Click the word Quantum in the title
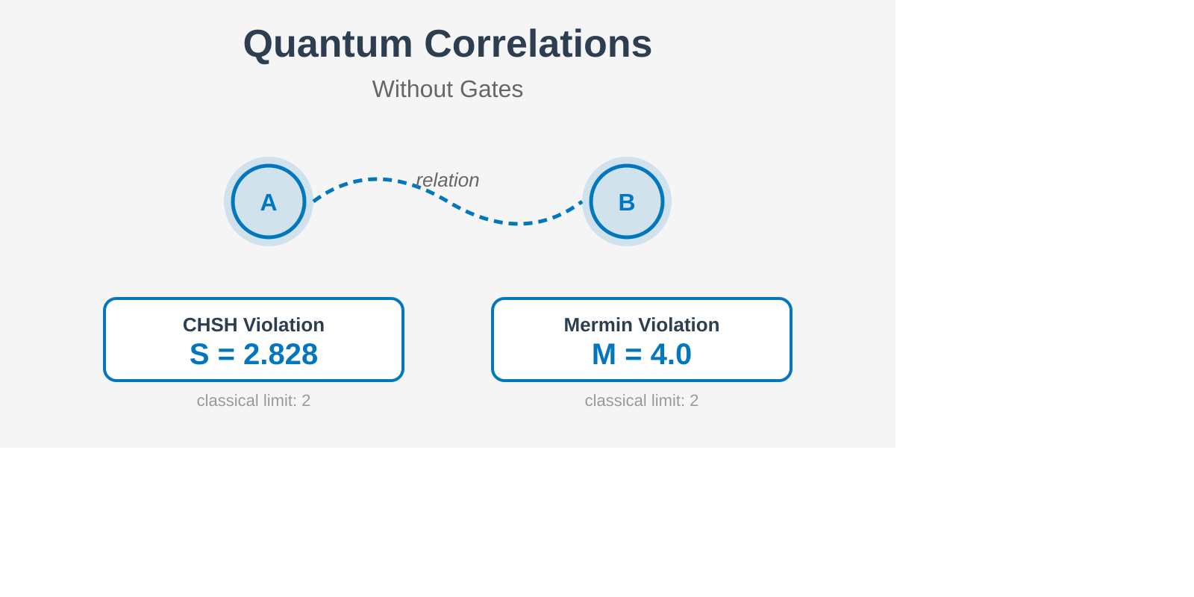(x=328, y=45)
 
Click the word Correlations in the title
(x=538, y=44)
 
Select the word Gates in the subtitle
(x=491, y=89)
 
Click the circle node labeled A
(x=269, y=201)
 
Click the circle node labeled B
(x=627, y=201)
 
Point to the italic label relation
(x=448, y=180)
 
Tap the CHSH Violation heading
(x=254, y=325)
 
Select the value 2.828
(x=281, y=354)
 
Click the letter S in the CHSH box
(x=199, y=354)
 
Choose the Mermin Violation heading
(x=642, y=325)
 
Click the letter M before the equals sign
(x=604, y=354)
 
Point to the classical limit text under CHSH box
(x=254, y=400)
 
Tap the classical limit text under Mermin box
(x=642, y=400)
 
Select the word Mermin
(x=600, y=325)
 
